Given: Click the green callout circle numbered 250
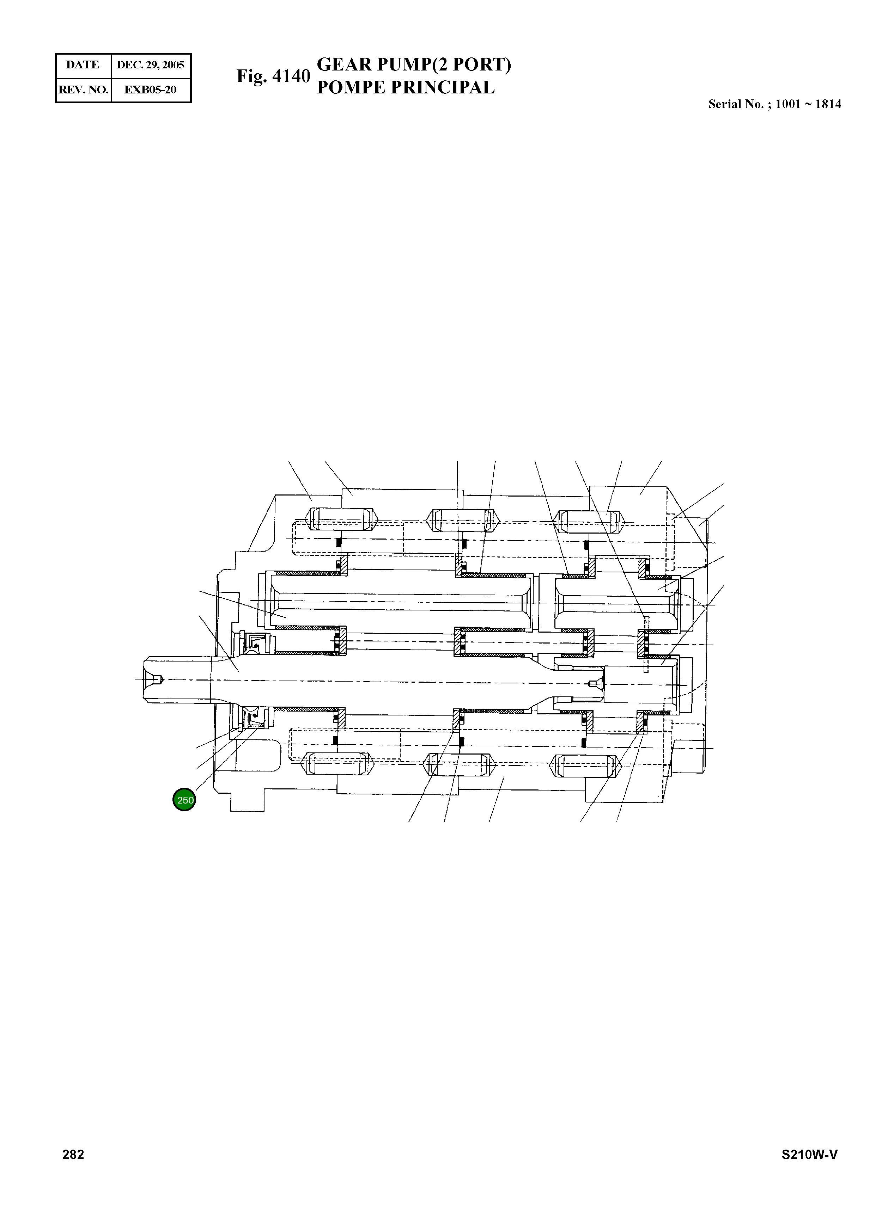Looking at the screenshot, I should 184,799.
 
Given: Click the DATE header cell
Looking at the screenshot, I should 83,65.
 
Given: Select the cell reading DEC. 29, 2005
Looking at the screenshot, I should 151,65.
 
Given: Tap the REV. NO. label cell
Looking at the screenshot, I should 83,90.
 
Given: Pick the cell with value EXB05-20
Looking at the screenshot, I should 151,90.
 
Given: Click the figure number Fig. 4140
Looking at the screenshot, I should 273,76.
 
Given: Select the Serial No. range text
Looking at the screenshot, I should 774,104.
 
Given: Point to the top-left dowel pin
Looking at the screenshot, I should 340,520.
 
